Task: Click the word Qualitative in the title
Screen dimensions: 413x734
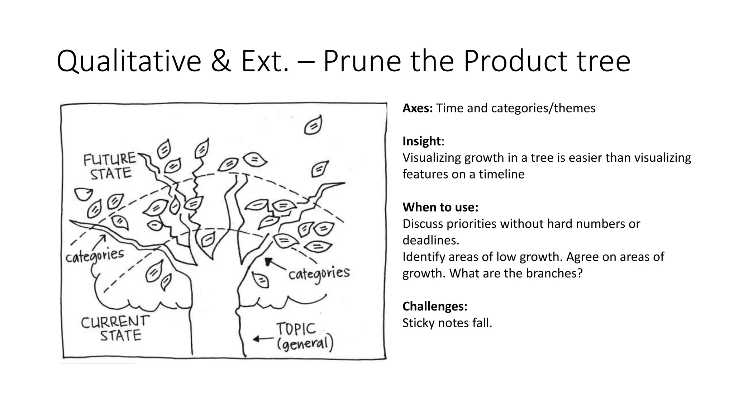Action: [129, 62]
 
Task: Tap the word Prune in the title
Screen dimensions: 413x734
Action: [362, 62]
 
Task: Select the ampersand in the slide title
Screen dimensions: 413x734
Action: [221, 62]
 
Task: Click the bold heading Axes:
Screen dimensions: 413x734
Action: [418, 108]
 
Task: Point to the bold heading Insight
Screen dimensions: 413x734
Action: [421, 141]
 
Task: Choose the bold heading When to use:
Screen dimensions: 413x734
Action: [440, 207]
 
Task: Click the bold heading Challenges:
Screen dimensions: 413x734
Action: [435, 306]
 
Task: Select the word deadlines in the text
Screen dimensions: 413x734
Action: [430, 240]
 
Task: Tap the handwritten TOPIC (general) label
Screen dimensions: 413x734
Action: [304, 337]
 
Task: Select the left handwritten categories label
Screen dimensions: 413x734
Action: [95, 256]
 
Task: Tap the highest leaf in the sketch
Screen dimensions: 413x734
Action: [313, 125]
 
